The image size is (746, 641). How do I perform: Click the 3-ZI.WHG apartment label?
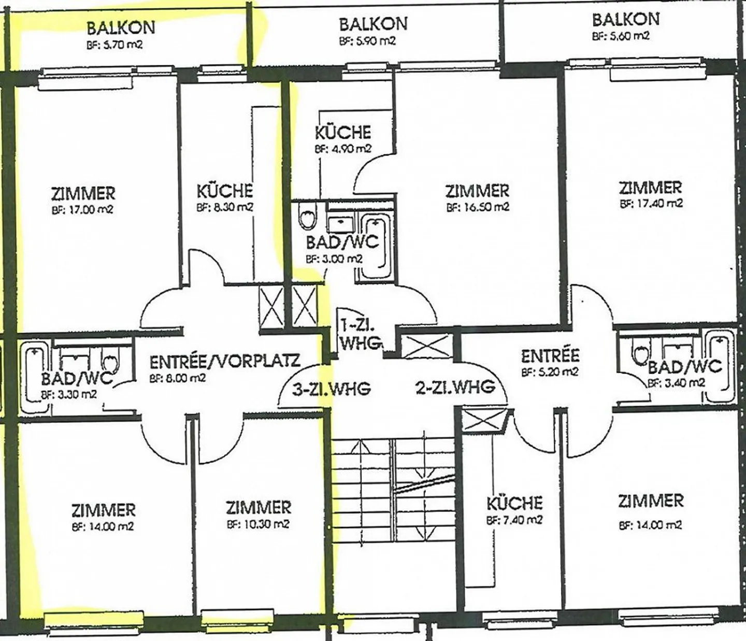click(332, 389)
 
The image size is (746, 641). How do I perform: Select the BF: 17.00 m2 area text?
click(82, 210)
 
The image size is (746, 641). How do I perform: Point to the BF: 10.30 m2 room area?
click(258, 524)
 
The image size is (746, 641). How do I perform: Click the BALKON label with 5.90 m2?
click(373, 24)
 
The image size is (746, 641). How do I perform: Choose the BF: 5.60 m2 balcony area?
click(621, 36)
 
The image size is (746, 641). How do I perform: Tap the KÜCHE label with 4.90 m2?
click(343, 133)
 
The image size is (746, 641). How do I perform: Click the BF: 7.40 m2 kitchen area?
click(514, 520)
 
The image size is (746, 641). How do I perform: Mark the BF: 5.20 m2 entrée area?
click(550, 372)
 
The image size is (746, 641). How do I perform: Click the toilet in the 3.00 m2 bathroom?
click(308, 216)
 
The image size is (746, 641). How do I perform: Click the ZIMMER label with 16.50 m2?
click(477, 191)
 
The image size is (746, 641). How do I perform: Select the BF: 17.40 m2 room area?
click(651, 204)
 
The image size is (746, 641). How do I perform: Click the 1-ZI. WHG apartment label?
click(360, 335)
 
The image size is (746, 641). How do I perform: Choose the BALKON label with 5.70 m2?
click(121, 28)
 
